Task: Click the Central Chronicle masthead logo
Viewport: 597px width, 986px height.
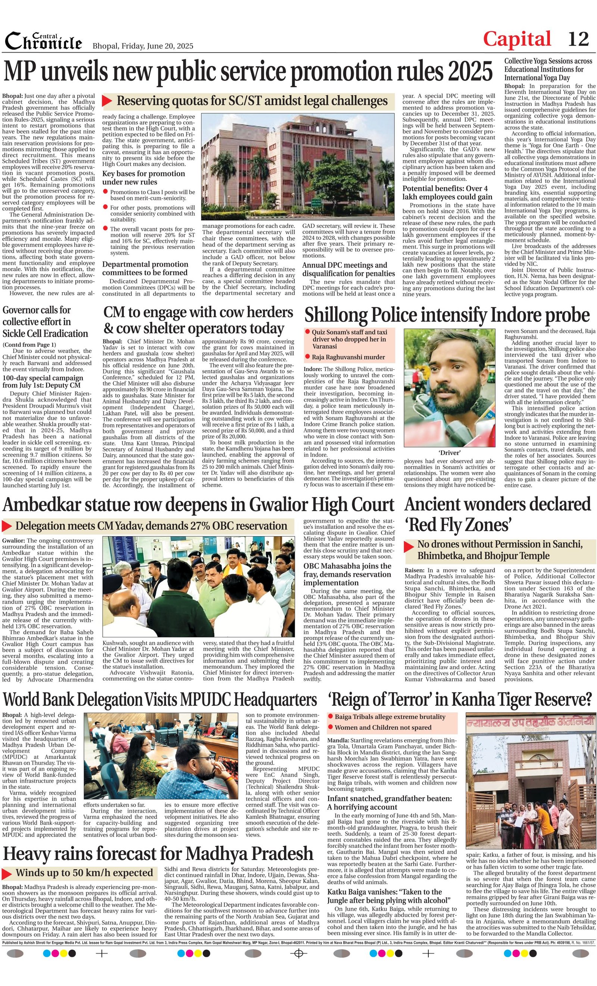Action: pos(43,41)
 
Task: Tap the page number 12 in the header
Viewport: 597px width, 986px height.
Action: pos(578,39)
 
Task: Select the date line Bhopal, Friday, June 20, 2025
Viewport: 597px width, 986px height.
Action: pos(143,46)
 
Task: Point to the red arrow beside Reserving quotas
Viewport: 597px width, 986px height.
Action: pos(107,100)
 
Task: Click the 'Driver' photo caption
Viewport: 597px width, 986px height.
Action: pos(449,453)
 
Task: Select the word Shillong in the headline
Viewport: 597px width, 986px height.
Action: pos(336,315)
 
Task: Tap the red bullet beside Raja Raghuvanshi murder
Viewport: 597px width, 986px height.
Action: pos(307,356)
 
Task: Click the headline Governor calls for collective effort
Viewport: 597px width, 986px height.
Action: pos(45,321)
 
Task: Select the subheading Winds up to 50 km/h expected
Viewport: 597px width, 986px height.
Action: pos(84,872)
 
